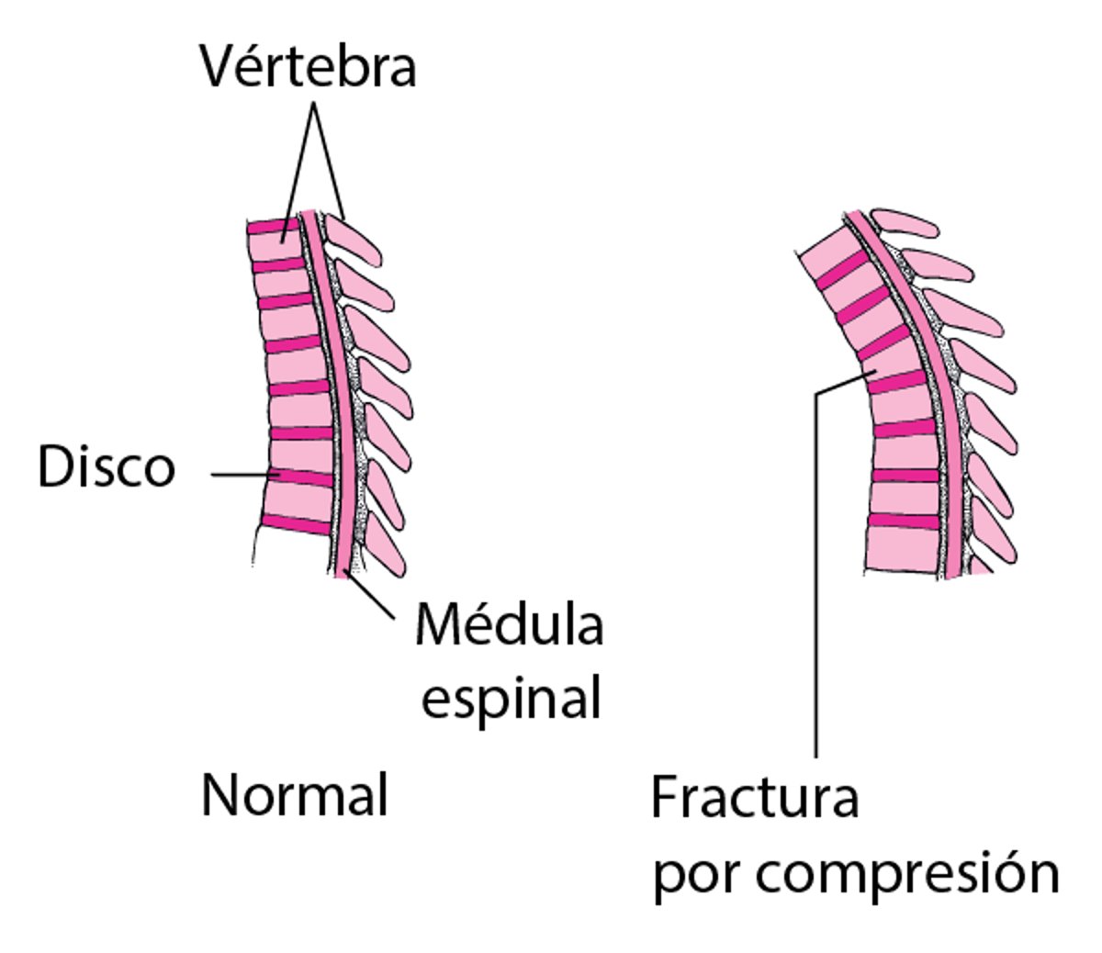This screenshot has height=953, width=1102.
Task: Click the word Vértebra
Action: [309, 67]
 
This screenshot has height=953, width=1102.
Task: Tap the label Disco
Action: [107, 467]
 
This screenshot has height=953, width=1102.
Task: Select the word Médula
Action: [509, 626]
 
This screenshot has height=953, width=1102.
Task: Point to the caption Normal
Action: [295, 795]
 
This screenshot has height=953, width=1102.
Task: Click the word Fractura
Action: [755, 799]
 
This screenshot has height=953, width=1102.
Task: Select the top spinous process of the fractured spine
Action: [904, 223]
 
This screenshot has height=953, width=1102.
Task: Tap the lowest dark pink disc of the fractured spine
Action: [904, 521]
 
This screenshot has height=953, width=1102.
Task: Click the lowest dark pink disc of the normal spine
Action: [296, 525]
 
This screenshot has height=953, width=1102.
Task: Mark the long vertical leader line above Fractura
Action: [815, 569]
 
